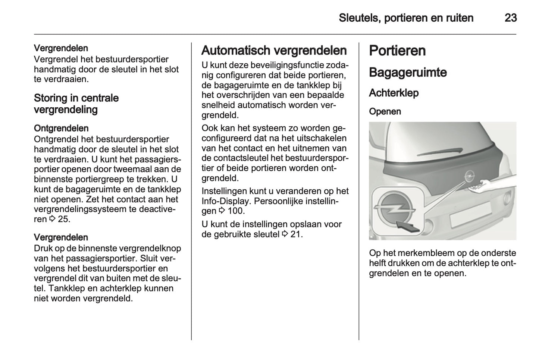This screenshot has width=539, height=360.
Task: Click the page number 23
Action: coord(510,18)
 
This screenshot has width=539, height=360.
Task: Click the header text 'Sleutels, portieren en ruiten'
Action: coord(406,18)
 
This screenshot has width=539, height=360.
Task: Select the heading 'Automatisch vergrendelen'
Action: coord(274,50)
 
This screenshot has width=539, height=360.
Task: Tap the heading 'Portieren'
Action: coord(397,51)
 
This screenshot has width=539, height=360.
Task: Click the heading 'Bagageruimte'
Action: coord(407,72)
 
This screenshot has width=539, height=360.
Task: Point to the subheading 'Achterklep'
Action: coord(394,93)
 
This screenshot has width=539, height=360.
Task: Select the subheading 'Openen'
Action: coord(385,111)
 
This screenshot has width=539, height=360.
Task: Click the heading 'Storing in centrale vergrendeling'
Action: coord(76,104)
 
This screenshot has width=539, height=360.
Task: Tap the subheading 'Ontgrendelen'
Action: coord(61,128)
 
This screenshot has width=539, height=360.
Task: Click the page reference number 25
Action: coord(63,219)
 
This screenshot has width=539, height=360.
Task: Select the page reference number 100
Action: coord(235,211)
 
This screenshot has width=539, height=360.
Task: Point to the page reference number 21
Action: coord(296,234)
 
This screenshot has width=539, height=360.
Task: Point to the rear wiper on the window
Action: coord(440,151)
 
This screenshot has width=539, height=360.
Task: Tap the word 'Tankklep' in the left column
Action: coord(66,288)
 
